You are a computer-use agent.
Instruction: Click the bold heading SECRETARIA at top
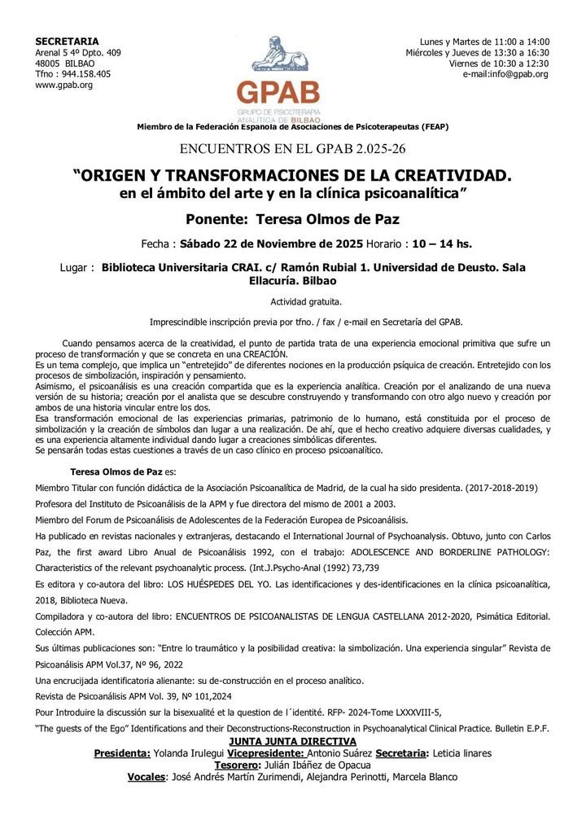pyautogui.click(x=68, y=42)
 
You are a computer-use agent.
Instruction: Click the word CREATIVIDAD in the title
pyautogui.click(x=442, y=176)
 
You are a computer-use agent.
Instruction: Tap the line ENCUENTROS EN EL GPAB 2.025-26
pyautogui.click(x=292, y=149)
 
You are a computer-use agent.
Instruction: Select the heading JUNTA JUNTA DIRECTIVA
pyautogui.click(x=292, y=741)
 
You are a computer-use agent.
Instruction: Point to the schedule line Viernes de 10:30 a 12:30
pyautogui.click(x=499, y=64)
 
